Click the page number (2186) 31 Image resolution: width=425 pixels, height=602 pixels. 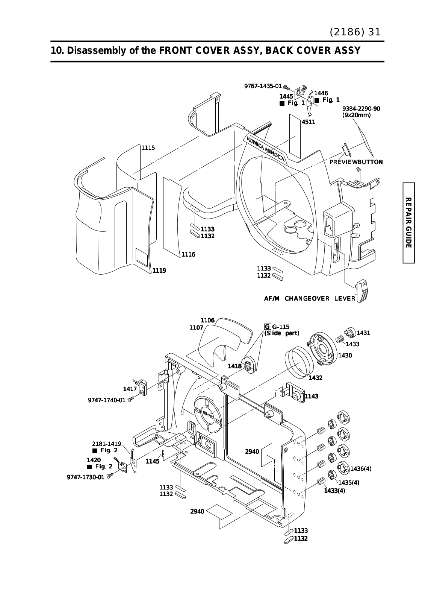pos(355,32)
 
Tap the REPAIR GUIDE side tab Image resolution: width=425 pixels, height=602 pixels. pos(408,223)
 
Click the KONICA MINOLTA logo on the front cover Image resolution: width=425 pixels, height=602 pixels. pos(266,149)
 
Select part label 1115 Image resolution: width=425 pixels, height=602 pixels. pos(148,147)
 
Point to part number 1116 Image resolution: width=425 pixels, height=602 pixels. pos(188,254)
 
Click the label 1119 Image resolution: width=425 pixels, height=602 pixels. pos(159,271)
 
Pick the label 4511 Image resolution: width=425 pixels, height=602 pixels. pos(308,122)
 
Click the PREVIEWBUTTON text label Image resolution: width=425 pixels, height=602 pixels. pos(356,162)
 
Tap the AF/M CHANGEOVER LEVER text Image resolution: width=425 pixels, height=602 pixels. pos(310,299)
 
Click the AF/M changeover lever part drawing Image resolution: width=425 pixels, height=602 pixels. pos(361,290)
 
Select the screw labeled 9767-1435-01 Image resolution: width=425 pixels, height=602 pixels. pos(287,87)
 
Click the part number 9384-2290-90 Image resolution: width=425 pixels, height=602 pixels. pos(361,109)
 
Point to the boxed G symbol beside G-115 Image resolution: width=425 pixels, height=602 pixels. pos(268,327)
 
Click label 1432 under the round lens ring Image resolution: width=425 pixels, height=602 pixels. pos(315,378)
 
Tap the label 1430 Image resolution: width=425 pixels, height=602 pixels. pos(345,355)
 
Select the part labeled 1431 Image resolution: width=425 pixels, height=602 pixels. pos(350,333)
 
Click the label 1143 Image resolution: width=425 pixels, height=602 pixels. pos(312,396)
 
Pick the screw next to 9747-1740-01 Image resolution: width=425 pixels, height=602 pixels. pos(130,400)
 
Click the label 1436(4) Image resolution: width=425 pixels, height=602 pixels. pos(361,468)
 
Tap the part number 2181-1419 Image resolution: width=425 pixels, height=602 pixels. pos(107,444)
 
